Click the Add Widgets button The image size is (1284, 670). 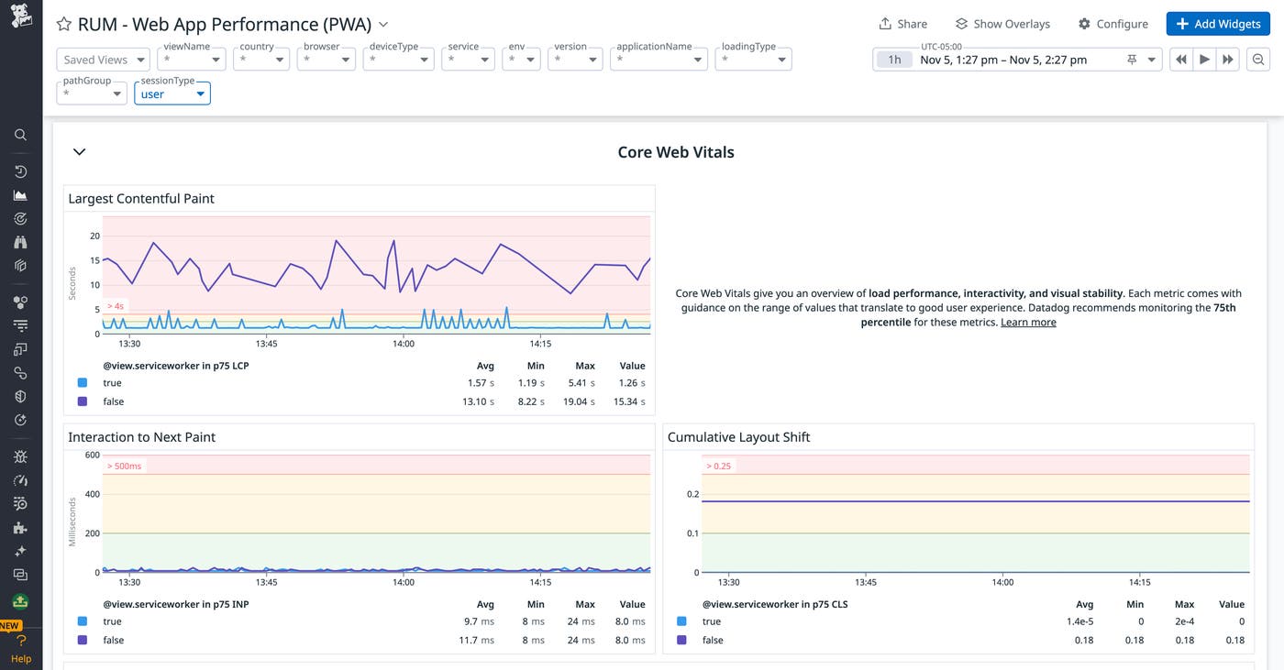pyautogui.click(x=1217, y=24)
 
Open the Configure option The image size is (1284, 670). pyautogui.click(x=1112, y=24)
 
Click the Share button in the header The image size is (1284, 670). pyautogui.click(x=902, y=24)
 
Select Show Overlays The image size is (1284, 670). pyautogui.click(x=1002, y=24)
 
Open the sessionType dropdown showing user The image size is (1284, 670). pyautogui.click(x=172, y=93)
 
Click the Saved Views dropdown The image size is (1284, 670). pyautogui.click(x=103, y=60)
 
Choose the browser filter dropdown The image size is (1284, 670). pyautogui.click(x=327, y=60)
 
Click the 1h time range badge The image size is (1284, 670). pyautogui.click(x=894, y=60)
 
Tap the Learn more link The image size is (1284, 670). pyautogui.click(x=1028, y=323)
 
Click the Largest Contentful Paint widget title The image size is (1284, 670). pyautogui.click(x=141, y=199)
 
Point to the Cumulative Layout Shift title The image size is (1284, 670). pyautogui.click(x=738, y=437)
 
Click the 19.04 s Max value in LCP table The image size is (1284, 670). pyautogui.click(x=577, y=401)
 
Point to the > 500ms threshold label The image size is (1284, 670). pyautogui.click(x=124, y=466)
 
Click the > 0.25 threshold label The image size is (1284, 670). pyautogui.click(x=718, y=466)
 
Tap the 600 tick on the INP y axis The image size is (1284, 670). pyautogui.click(x=92, y=455)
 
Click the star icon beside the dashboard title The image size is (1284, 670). pyautogui.click(x=63, y=25)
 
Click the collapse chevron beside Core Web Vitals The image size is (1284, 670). pyautogui.click(x=80, y=152)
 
